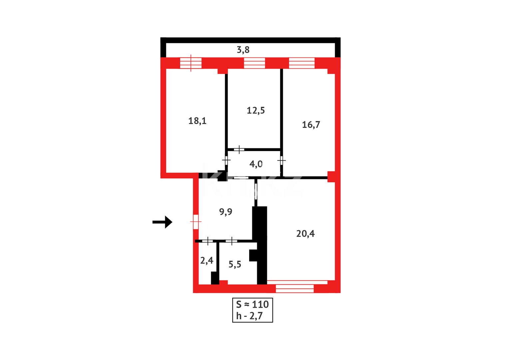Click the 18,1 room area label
pos(197,121)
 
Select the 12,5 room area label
pos(255,110)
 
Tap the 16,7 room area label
pos(311,125)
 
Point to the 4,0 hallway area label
pos(256,164)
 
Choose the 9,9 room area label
pos(226,212)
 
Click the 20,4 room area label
pos(305,234)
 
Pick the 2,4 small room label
pos(207,260)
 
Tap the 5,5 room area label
pos(235,264)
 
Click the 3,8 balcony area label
pos(243,50)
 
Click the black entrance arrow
pos(163,222)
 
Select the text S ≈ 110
pos(252,304)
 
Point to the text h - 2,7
pos(249,316)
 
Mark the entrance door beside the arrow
pos(196,222)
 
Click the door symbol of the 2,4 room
pos(208,241)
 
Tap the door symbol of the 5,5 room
pos(232,241)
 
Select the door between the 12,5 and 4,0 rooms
pos(239,150)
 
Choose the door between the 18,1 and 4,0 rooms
pos(226,161)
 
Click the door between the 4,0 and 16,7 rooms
pos(281,161)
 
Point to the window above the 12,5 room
pos(254,63)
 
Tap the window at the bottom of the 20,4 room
pos(295,288)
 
